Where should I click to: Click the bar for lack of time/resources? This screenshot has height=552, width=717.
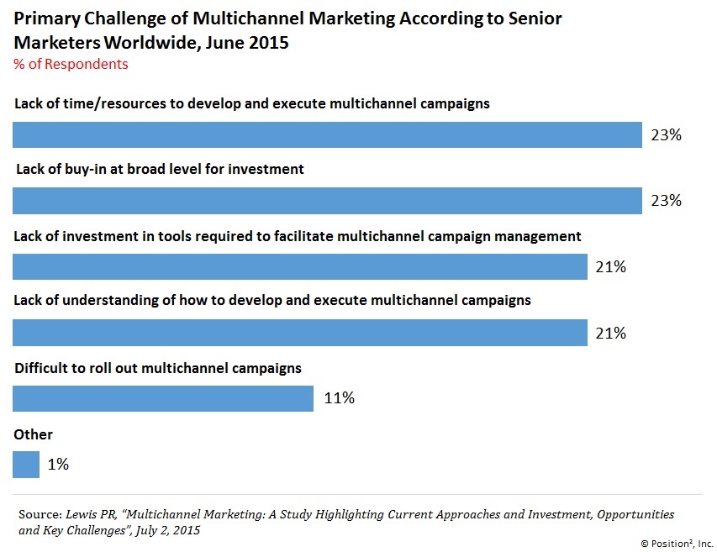[328, 134]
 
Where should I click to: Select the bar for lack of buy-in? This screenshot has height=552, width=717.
[328, 201]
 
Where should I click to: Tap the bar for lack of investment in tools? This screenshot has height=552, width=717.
[300, 267]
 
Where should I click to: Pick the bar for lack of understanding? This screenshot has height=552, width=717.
[300, 333]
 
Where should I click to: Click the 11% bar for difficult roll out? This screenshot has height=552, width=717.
[163, 398]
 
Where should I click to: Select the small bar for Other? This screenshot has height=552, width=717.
[26, 464]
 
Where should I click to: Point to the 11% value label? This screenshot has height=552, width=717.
[339, 398]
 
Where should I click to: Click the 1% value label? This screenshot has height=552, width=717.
[58, 464]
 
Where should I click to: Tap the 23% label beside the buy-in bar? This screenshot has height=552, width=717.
[665, 201]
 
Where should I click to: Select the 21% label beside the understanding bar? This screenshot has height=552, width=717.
[610, 333]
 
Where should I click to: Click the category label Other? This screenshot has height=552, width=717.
[34, 434]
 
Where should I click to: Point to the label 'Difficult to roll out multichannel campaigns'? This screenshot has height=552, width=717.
[158, 368]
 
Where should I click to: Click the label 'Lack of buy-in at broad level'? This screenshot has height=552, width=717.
[160, 169]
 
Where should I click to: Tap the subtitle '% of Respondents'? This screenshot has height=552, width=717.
[71, 64]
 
